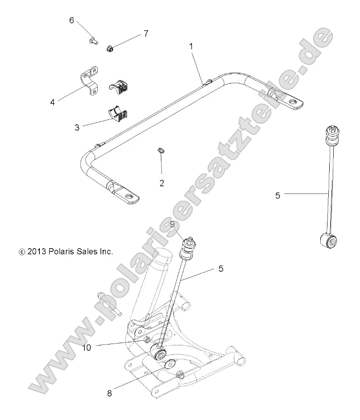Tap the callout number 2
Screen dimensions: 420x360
click(x=162, y=183)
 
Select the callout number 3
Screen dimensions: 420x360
click(x=77, y=127)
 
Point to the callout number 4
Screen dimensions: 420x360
click(x=53, y=102)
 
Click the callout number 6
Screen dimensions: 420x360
click(x=71, y=20)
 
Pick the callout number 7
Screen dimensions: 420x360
click(x=146, y=33)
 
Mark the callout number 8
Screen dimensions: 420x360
click(x=109, y=393)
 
